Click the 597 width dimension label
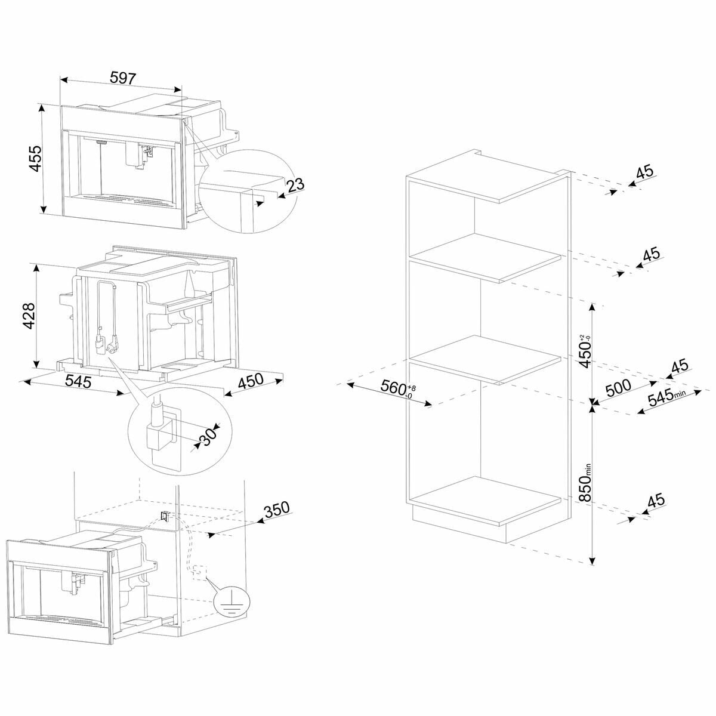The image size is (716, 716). click(x=124, y=78)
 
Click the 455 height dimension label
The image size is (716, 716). click(x=36, y=159)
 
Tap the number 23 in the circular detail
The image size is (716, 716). click(x=295, y=184)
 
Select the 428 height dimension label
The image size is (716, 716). click(x=29, y=316)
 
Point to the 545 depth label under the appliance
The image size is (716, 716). click(x=79, y=381)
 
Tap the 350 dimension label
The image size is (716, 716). click(x=276, y=508)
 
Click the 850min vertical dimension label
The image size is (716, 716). click(x=585, y=482)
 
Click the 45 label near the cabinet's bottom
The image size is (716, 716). click(x=656, y=501)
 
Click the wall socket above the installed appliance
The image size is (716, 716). click(x=165, y=516)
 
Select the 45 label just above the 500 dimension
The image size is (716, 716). click(x=680, y=366)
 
